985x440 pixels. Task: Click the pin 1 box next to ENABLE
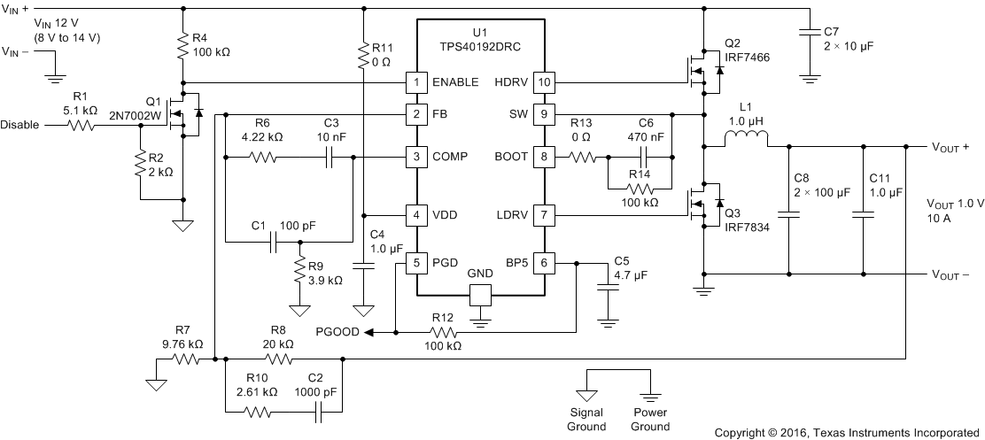coord(416,82)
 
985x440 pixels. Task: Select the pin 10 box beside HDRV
coord(544,82)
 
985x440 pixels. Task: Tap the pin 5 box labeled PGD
coord(416,262)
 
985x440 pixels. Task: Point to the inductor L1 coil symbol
coord(747,139)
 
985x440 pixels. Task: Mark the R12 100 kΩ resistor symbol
coord(443,333)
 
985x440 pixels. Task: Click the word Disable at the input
coord(20,125)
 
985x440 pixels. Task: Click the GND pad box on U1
coord(479,295)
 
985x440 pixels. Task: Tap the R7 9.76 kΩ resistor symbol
coord(188,359)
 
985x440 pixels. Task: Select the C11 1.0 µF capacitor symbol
coord(863,213)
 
